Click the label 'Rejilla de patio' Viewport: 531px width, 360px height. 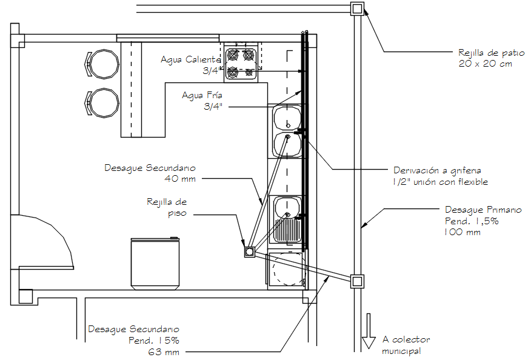(x=486, y=53)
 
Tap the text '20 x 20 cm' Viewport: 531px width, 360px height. (x=485, y=64)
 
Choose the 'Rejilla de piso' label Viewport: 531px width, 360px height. (x=166, y=207)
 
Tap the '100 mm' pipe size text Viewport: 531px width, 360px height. (x=463, y=232)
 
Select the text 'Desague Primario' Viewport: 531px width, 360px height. (x=483, y=210)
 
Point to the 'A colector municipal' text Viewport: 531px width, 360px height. (x=401, y=345)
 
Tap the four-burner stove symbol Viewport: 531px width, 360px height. (x=240, y=64)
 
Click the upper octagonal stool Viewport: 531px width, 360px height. (x=104, y=64)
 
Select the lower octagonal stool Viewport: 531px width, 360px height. (x=104, y=102)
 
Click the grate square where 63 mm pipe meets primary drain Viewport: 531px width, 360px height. (x=357, y=281)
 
